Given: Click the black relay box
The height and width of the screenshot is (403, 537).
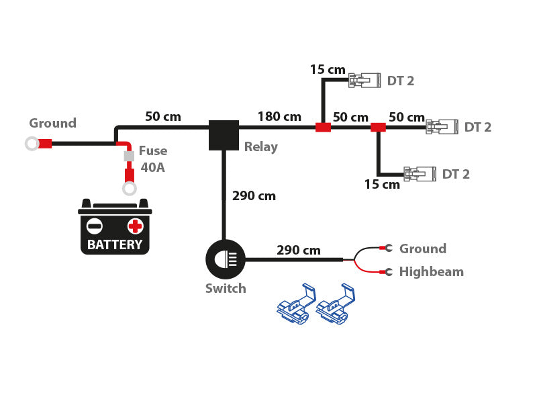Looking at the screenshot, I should coord(224,135).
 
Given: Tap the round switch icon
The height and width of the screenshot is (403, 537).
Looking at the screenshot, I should coord(226,259).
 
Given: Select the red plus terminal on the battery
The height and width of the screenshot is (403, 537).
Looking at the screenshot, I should coord(136,226).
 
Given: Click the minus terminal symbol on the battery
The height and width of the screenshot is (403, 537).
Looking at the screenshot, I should coord(95,226).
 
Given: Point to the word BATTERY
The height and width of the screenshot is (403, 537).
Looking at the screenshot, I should coord(115,244).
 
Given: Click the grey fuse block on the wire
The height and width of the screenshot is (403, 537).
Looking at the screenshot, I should coord(129,156).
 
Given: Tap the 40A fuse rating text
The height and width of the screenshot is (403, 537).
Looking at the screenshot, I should coord(152,167).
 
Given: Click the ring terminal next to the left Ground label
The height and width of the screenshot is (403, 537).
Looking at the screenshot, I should coord(32,143).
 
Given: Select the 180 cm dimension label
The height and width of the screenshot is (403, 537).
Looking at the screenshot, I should coord(279,117).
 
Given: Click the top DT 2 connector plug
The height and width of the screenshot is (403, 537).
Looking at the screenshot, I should coord(364,81).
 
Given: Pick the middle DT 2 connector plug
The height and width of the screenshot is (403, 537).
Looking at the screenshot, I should coord(442,126).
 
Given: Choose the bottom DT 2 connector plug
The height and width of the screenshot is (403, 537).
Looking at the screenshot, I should coord(420,174).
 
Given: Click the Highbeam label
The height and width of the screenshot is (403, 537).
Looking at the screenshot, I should coord(431,272).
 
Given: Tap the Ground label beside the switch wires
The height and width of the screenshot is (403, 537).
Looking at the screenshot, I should coord(422,249).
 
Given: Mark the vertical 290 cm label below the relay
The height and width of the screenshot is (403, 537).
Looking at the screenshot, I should coord(254,196).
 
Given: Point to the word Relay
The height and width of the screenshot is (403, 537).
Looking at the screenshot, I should coord(260,147).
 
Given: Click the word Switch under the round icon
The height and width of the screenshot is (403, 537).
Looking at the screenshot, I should coord(226,289).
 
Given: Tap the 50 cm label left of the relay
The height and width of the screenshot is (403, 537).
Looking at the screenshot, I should coord(163,117).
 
